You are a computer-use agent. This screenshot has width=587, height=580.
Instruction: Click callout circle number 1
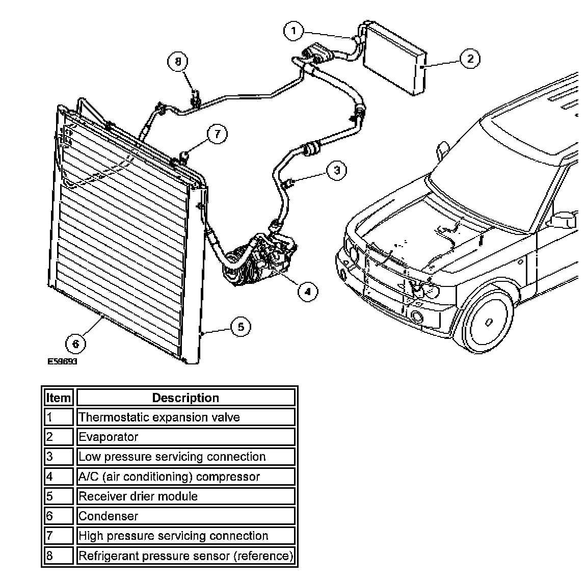[293, 31]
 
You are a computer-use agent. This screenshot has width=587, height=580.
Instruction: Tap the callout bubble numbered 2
[470, 59]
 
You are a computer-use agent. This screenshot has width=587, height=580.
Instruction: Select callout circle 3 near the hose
[336, 170]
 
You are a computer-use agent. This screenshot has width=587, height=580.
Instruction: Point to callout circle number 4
[307, 291]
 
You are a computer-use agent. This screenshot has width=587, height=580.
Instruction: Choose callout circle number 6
[75, 344]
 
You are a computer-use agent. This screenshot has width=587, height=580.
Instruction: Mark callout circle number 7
[217, 134]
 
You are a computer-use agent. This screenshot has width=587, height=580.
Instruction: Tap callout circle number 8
[178, 62]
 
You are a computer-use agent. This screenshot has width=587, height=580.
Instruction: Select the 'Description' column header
[185, 398]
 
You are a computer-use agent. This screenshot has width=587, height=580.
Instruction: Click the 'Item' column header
[59, 398]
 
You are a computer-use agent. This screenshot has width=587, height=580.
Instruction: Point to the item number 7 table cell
[59, 536]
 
